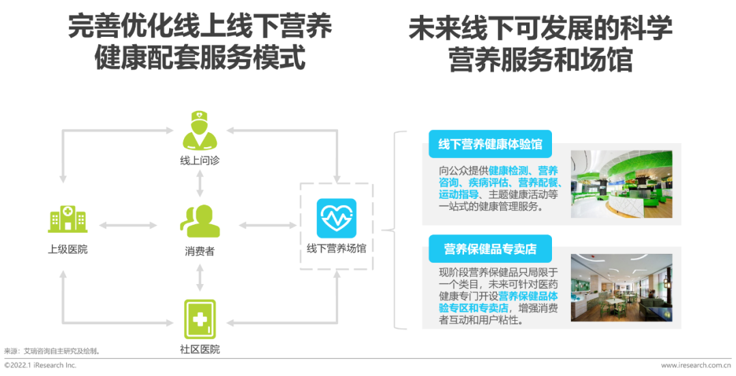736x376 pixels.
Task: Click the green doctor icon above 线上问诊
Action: point(199,131)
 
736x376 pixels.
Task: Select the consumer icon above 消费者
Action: point(199,221)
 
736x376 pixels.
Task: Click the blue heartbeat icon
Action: point(336,219)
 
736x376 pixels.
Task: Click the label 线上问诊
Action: point(199,161)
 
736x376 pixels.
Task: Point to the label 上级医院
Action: point(67,249)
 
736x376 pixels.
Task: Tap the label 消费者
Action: point(199,251)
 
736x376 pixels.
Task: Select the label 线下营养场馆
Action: point(336,249)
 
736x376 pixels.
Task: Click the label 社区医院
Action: point(199,349)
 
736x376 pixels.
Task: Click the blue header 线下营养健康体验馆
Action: point(489,144)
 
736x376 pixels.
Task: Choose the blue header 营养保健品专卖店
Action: point(489,249)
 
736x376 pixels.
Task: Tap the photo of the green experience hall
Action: point(621,184)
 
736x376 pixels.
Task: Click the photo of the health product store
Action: point(621,287)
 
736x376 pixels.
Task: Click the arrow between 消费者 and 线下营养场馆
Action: point(267,225)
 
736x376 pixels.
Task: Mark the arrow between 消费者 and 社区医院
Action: point(199,277)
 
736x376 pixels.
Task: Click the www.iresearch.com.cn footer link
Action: point(695,366)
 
